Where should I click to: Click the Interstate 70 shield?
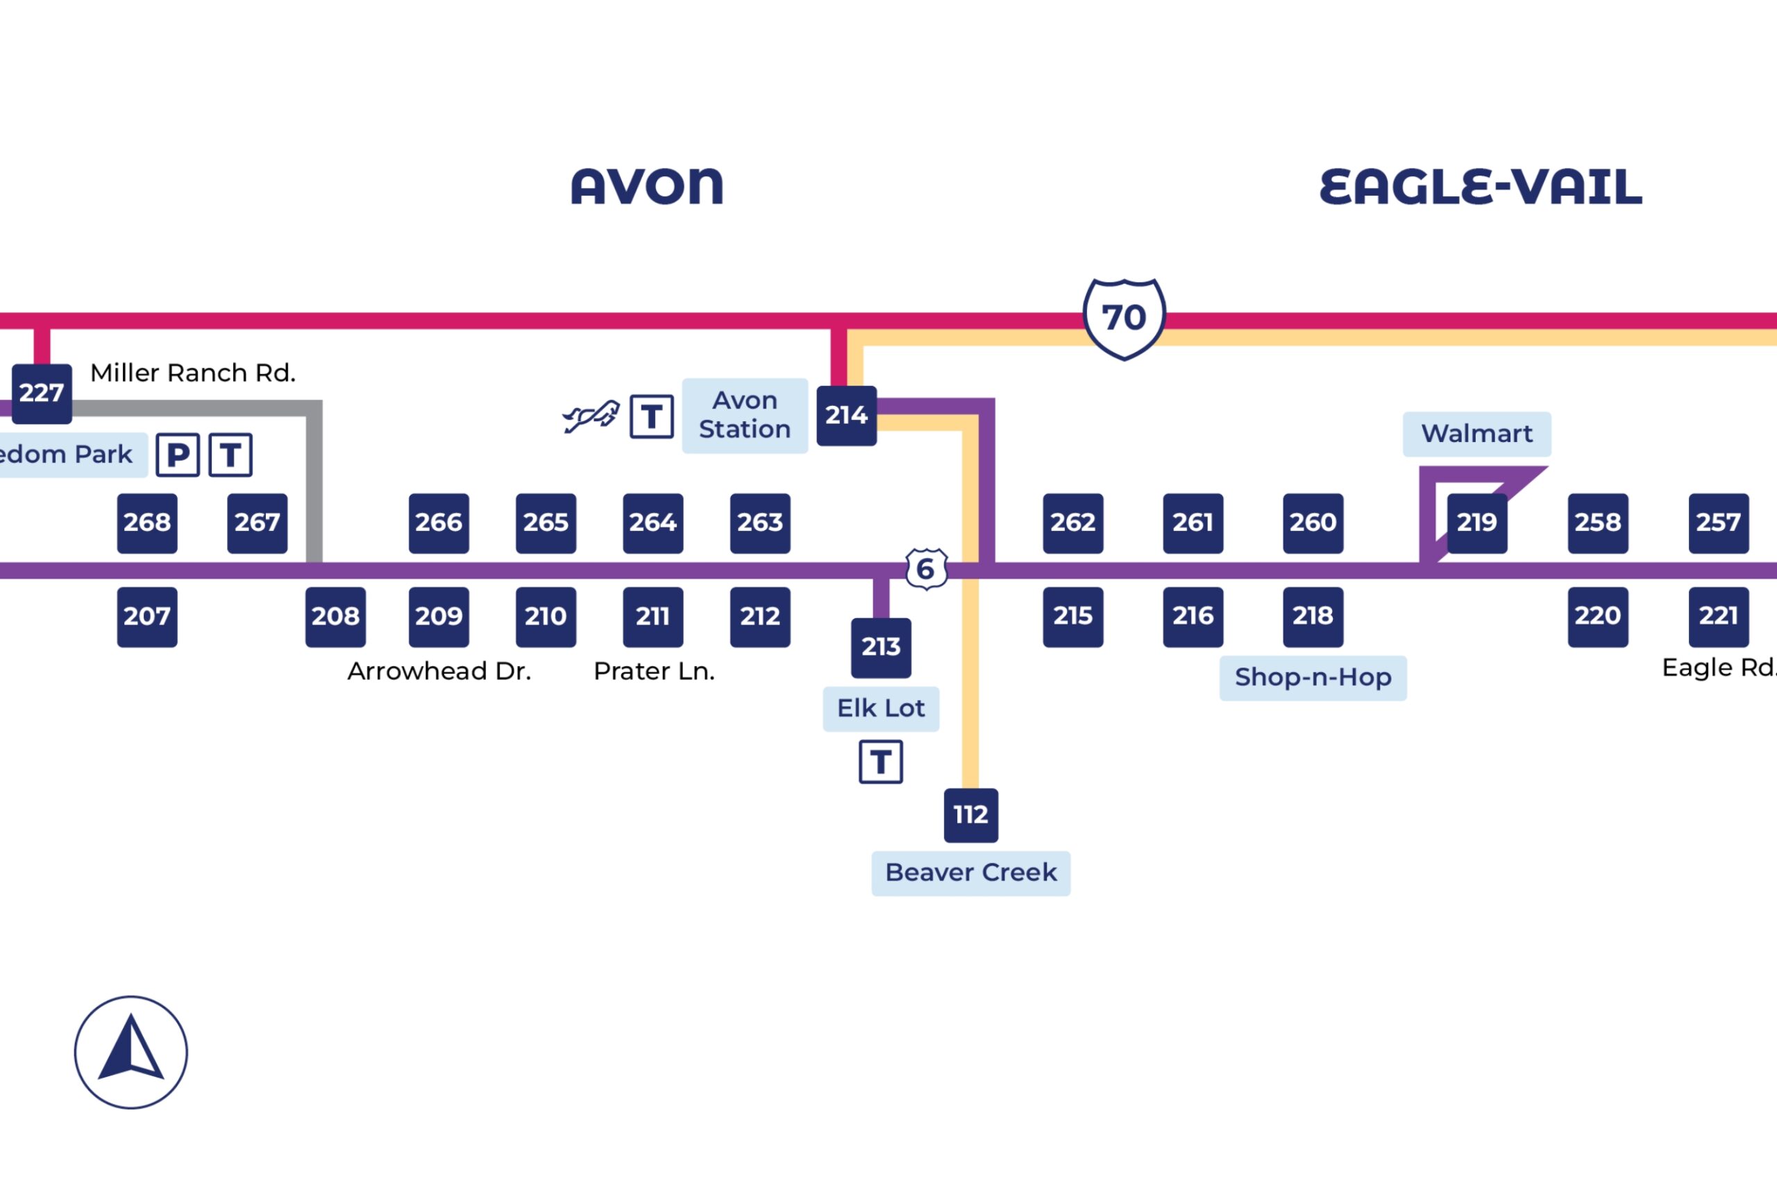tap(1124, 318)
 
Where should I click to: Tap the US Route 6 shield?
tap(926, 569)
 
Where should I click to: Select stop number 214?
tap(846, 416)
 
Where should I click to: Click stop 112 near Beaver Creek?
tap(970, 815)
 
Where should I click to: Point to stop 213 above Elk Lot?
tap(881, 647)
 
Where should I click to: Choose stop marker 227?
tap(42, 393)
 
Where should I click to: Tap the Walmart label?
tap(1476, 434)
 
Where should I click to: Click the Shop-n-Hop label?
tap(1312, 677)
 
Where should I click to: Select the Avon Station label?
tap(744, 415)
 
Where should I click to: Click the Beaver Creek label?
tap(970, 873)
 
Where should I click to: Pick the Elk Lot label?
tap(881, 708)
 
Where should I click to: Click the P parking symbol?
tap(177, 455)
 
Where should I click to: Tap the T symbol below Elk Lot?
tap(881, 762)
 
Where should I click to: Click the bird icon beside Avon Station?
tap(591, 416)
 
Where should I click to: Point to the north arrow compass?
tap(130, 1052)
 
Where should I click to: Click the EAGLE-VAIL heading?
tap(1480, 187)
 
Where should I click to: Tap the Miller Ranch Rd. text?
tap(192, 373)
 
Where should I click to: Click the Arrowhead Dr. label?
tap(439, 671)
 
